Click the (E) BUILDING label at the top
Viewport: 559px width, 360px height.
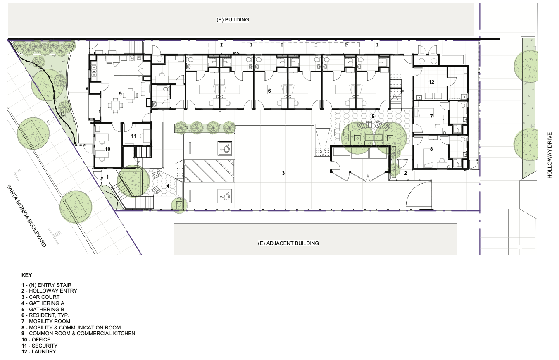233,20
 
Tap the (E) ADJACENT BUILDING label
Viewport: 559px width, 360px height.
288,243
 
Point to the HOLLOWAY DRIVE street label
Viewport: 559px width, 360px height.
549,155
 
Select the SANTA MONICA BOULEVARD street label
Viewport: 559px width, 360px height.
26,216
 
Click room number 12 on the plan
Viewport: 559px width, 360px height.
431,82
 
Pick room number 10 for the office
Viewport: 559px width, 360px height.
107,149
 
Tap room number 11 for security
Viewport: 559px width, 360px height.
134,136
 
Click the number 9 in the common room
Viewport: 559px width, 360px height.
120,94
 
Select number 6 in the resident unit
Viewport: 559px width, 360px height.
269,91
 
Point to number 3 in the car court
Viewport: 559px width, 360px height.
283,173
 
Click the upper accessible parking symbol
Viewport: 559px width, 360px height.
225,148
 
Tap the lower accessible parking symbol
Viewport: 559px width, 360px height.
225,196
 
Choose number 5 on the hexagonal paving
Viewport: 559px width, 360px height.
373,116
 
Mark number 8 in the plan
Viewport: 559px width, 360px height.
431,149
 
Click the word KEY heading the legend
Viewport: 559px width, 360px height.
27,275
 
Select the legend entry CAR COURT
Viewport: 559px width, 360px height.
44,297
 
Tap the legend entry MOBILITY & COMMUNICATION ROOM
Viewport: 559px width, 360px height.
75,327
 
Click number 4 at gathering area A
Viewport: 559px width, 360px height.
168,186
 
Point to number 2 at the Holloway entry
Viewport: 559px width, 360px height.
406,173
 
